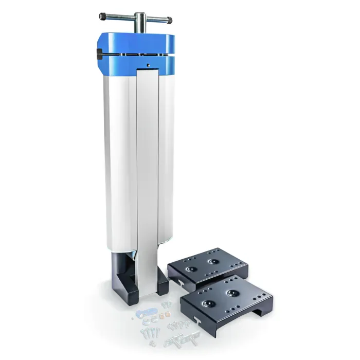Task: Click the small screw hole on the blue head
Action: [148, 65]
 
